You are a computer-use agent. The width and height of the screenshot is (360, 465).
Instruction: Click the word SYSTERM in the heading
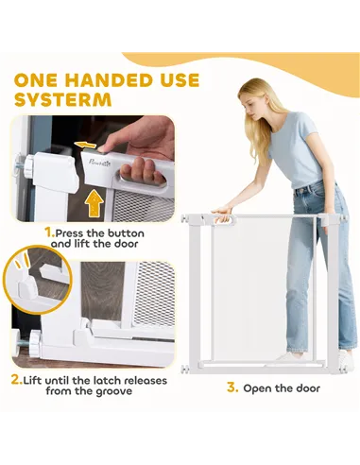(63, 99)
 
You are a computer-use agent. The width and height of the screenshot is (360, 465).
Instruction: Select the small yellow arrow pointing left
(85, 145)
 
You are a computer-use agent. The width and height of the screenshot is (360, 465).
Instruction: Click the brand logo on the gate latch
(99, 164)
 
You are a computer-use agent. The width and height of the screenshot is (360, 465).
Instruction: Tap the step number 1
(50, 233)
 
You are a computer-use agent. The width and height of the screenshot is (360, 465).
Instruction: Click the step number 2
(17, 380)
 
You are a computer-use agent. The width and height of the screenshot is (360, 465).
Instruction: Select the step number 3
(232, 387)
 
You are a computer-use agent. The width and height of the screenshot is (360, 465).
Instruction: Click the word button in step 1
(126, 233)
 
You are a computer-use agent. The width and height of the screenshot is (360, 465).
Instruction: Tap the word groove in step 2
(115, 391)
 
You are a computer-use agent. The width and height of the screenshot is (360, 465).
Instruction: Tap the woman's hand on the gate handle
(223, 214)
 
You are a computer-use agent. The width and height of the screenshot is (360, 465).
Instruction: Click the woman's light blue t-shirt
(296, 148)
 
